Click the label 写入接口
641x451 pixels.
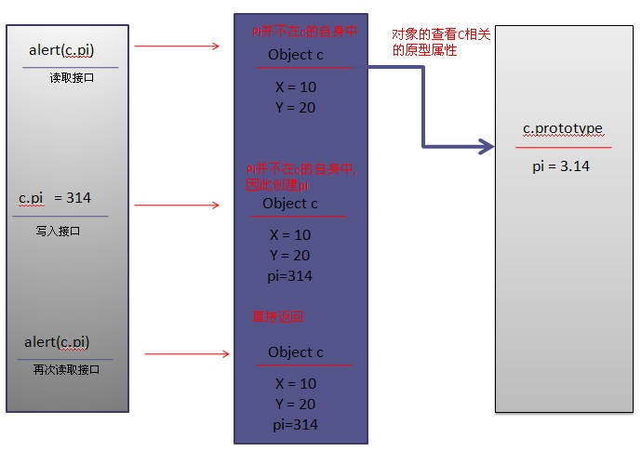click(x=58, y=231)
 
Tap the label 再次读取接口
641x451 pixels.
click(x=66, y=370)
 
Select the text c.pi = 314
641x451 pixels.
click(x=55, y=198)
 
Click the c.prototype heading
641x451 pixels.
click(x=564, y=129)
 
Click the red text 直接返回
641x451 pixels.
click(x=278, y=316)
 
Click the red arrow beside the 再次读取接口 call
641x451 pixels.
click(x=187, y=353)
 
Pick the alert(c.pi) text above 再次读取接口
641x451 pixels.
click(x=57, y=342)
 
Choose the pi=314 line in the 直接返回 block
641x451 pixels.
click(x=294, y=424)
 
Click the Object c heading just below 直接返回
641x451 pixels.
click(x=296, y=352)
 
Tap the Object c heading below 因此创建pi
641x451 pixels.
click(x=290, y=204)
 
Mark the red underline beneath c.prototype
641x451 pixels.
click(x=564, y=147)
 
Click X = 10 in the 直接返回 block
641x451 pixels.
click(x=296, y=383)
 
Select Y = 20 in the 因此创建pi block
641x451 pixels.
click(x=290, y=255)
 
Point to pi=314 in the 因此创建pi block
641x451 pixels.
click(x=289, y=276)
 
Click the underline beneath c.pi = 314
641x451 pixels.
click(x=60, y=217)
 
